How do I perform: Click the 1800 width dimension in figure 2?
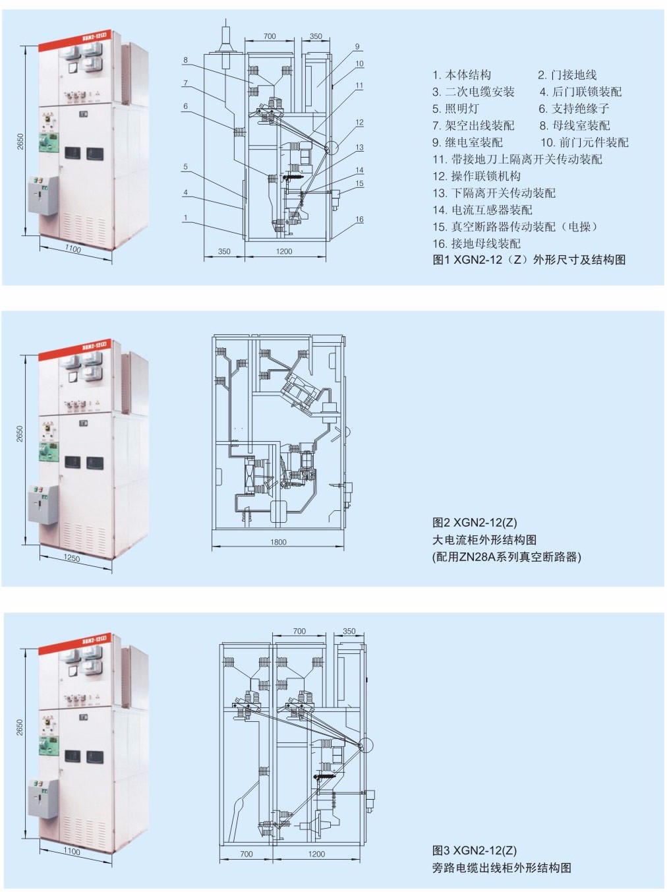(x=278, y=542)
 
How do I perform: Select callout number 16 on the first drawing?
(x=359, y=220)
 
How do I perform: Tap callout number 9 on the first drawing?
(x=357, y=47)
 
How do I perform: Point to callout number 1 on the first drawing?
(x=185, y=218)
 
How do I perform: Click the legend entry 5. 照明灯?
(x=455, y=109)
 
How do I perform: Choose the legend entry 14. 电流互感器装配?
(x=482, y=210)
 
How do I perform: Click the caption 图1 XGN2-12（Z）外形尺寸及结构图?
(x=529, y=260)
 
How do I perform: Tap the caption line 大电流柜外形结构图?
(x=484, y=540)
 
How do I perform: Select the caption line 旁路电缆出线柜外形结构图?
(x=502, y=868)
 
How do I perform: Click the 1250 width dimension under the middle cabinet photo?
(x=71, y=558)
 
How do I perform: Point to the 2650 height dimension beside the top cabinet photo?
(x=20, y=141)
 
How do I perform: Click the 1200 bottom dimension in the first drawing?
(x=284, y=251)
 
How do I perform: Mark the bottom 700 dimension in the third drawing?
(x=246, y=854)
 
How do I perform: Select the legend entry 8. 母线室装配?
(x=574, y=125)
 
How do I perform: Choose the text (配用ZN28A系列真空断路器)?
(x=506, y=557)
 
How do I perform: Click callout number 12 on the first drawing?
(x=359, y=123)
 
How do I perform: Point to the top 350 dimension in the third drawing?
(x=349, y=631)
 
